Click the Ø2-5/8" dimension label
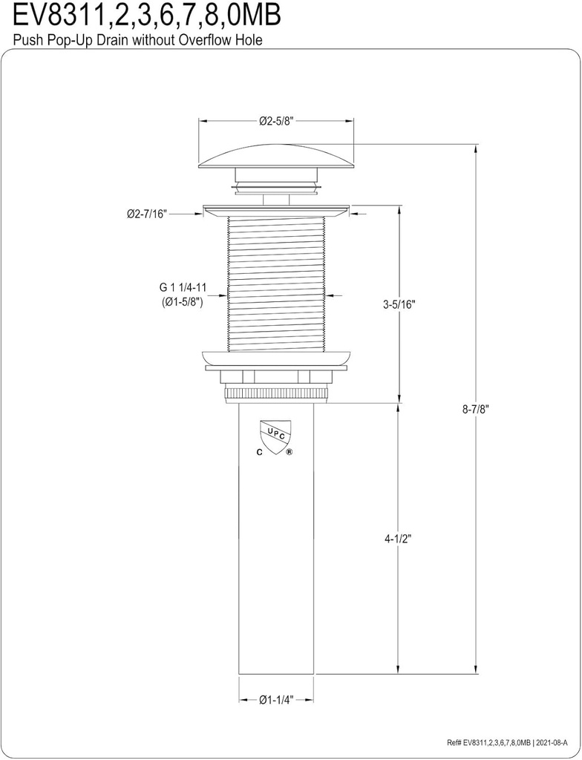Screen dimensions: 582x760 pos(277,121)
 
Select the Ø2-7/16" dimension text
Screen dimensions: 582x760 pos(147,214)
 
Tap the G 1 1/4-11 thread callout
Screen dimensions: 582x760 pos(183,287)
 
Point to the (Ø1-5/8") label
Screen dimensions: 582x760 pos(182,302)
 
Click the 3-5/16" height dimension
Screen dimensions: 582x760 pos(399,305)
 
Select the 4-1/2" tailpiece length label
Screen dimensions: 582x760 pos(398,539)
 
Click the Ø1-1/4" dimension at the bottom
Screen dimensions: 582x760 pos(276,700)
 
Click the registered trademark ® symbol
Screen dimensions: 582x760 pos(289,452)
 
